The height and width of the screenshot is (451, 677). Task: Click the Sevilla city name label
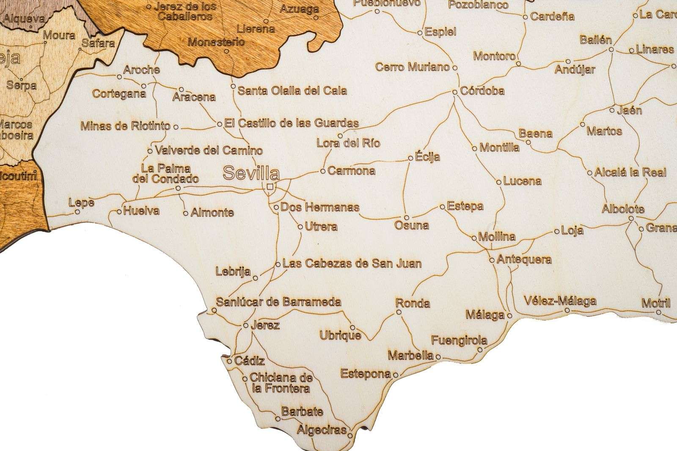click(251, 173)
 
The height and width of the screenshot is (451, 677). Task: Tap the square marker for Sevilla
click(270, 186)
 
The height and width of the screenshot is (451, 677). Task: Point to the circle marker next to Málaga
click(509, 315)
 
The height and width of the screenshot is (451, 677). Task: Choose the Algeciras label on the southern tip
click(322, 430)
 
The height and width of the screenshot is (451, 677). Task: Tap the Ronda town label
click(413, 303)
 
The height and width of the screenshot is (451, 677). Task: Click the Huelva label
click(141, 211)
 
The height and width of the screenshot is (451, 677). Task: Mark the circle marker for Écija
click(410, 158)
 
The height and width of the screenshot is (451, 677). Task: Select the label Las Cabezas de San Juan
click(352, 263)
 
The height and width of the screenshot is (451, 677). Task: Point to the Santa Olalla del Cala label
click(292, 90)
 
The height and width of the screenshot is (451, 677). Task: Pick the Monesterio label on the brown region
click(216, 42)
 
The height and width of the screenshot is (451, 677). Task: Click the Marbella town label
click(411, 355)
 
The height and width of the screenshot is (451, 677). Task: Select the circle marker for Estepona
click(395, 375)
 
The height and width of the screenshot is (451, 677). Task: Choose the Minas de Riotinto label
click(125, 126)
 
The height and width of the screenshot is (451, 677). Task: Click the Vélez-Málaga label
click(560, 301)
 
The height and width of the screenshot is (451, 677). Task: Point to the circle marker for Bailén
click(611, 50)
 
